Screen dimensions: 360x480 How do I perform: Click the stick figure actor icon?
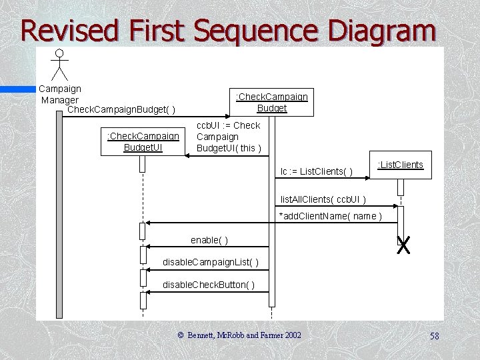click(60, 65)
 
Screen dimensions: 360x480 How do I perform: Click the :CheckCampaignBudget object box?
click(271, 102)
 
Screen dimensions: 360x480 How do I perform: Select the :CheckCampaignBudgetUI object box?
click(143, 141)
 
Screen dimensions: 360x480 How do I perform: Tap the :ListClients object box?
click(400, 165)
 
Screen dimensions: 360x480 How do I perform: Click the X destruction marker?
click(403, 245)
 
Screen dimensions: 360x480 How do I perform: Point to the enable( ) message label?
click(209, 239)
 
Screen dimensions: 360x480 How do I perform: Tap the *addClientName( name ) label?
click(330, 215)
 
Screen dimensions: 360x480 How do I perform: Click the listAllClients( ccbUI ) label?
click(323, 199)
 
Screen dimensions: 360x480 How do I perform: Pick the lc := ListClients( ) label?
click(317, 172)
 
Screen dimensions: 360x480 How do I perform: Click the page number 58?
click(434, 336)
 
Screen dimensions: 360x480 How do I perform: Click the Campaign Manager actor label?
click(60, 94)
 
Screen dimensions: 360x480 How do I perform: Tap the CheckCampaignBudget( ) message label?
click(121, 109)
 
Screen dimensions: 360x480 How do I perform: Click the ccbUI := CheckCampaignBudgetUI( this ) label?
click(228, 136)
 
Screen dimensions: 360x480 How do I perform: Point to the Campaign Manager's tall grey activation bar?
click(59, 213)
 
